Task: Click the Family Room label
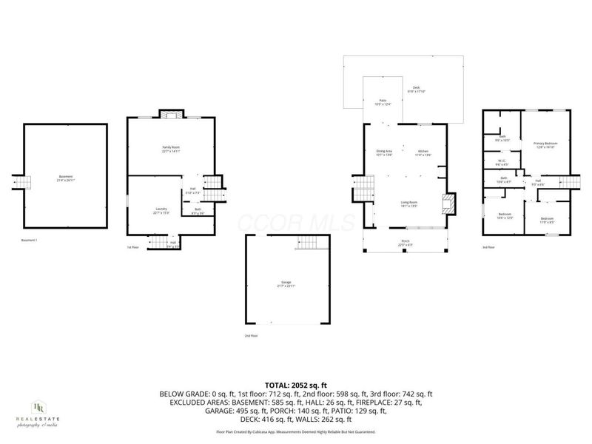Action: coord(171,149)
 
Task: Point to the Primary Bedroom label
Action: coord(545,145)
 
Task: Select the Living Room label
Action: coord(409,204)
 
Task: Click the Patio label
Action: coord(383,101)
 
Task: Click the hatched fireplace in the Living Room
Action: coord(446,203)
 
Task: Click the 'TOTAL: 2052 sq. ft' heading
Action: coord(296,386)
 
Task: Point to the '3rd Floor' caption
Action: coord(488,247)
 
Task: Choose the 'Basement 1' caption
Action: coord(31,240)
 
